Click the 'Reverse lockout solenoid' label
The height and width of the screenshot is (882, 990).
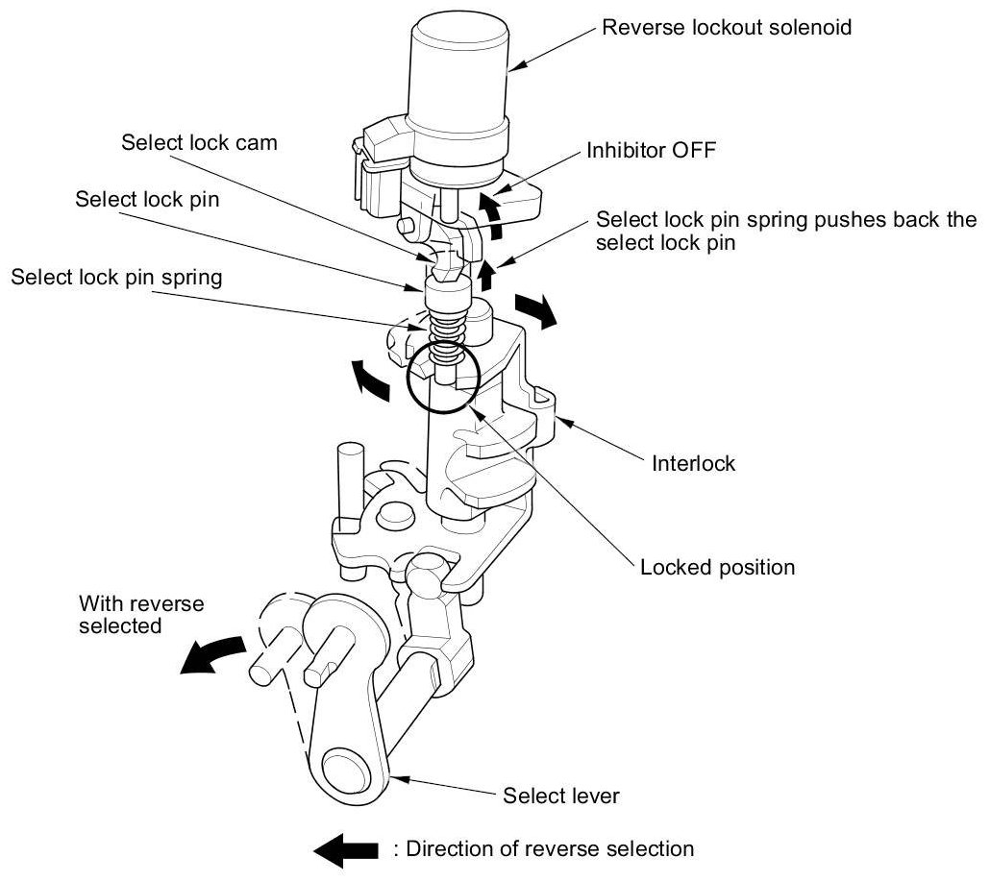click(726, 27)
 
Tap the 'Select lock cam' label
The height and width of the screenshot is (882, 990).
click(199, 142)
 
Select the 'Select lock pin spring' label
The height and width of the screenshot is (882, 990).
click(116, 278)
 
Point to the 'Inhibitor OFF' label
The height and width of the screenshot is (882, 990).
click(651, 151)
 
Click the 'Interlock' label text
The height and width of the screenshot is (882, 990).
click(693, 463)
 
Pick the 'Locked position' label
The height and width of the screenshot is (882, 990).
click(717, 567)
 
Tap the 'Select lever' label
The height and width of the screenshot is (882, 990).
click(561, 796)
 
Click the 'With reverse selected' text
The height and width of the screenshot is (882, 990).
click(141, 615)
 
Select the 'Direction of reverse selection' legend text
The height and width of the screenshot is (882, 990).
click(543, 848)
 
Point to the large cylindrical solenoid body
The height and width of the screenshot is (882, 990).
click(458, 77)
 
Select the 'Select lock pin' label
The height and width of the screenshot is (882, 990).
click(147, 200)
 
